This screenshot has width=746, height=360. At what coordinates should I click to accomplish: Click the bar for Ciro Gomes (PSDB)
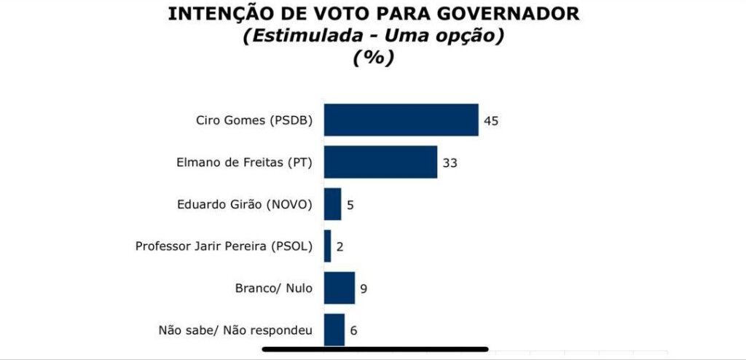(x=401, y=120)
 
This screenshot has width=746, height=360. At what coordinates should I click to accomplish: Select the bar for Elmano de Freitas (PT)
(x=380, y=162)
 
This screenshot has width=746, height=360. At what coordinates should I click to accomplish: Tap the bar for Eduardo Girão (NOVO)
(x=332, y=204)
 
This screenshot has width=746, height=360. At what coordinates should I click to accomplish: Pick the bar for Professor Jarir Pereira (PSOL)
(x=328, y=246)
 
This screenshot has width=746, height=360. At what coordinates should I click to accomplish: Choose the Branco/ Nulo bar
(x=339, y=288)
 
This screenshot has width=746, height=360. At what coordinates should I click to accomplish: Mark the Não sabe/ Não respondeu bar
(x=334, y=329)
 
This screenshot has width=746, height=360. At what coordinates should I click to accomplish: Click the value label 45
(x=491, y=121)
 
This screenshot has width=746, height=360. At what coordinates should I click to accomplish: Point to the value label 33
(x=449, y=163)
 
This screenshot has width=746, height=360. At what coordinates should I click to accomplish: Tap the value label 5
(x=350, y=205)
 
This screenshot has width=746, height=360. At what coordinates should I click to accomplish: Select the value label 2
(x=339, y=246)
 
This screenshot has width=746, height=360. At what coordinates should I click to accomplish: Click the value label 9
(x=363, y=289)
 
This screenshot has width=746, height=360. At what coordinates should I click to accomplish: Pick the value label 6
(x=353, y=330)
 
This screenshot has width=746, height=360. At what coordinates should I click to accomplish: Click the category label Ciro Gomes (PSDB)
(x=254, y=121)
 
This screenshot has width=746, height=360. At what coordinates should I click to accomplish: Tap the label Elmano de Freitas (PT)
(x=244, y=163)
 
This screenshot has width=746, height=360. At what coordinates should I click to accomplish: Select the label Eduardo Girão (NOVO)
(x=244, y=205)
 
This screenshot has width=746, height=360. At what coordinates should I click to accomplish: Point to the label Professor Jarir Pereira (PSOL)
(x=224, y=246)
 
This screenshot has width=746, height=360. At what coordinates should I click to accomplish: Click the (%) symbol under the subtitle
(x=373, y=58)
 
